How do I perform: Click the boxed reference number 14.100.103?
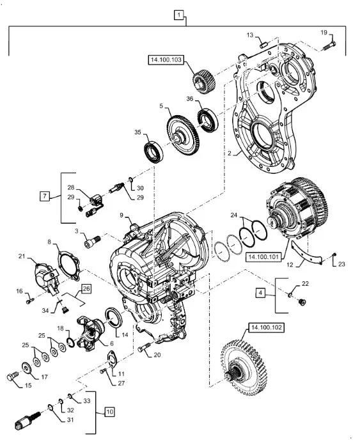(x=166, y=60)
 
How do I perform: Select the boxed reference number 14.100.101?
(x=263, y=257)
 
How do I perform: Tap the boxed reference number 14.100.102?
(x=266, y=327)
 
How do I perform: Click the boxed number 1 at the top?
(x=178, y=15)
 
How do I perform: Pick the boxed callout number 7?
(x=45, y=196)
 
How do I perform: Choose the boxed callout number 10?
(x=110, y=412)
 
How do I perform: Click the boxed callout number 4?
(x=260, y=293)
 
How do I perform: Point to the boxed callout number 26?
(x=86, y=289)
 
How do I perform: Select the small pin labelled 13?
(x=263, y=45)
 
